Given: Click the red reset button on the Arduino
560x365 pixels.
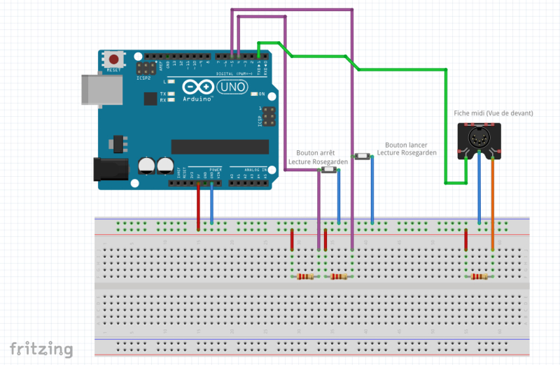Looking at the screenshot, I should [113, 59].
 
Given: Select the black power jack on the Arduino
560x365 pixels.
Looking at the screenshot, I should [110, 170].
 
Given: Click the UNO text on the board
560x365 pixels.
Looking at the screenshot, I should [234, 87].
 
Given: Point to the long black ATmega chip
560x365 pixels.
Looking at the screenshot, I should [220, 146].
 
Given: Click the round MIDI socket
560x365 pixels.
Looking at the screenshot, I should [479, 141].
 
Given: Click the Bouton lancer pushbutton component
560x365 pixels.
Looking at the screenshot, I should [362, 157].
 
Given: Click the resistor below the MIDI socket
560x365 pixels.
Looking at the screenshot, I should [479, 277].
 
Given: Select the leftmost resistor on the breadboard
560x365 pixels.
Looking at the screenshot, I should [306, 277].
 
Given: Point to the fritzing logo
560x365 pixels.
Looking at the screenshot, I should [41, 348].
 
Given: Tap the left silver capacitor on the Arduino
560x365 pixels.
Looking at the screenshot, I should [147, 165].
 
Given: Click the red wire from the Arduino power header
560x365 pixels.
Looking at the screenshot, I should [199, 206].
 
